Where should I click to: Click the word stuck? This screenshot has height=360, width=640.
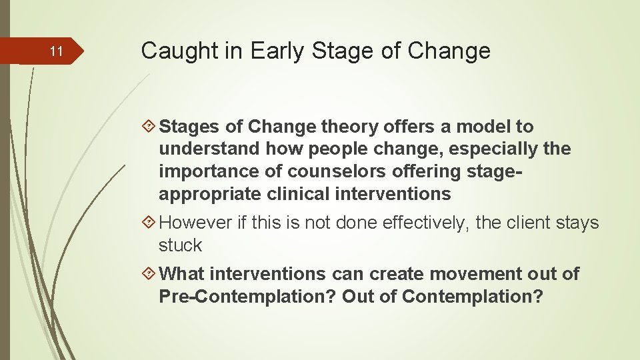click(180, 245)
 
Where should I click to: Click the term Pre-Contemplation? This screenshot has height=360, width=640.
click(247, 297)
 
